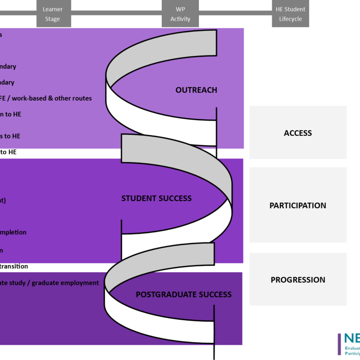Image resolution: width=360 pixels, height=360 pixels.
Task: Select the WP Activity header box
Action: click(x=180, y=13)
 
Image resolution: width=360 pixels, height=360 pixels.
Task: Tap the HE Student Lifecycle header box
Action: click(x=290, y=13)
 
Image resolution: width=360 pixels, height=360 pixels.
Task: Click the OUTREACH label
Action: click(x=196, y=90)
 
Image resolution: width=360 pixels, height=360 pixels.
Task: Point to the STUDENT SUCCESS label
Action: click(x=156, y=198)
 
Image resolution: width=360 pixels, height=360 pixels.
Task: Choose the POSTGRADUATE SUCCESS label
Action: click(x=184, y=295)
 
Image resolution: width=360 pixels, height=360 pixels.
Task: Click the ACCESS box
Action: click(x=298, y=133)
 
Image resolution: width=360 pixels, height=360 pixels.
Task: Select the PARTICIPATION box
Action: click(x=298, y=205)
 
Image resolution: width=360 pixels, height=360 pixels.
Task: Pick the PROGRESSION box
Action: click(x=298, y=279)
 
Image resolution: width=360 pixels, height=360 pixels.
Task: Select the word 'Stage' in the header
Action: click(x=52, y=19)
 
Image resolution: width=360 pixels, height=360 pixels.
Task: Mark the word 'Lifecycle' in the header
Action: click(x=290, y=19)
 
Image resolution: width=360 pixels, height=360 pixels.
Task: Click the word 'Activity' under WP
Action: click(x=180, y=19)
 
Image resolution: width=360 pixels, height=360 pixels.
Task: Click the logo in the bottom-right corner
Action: click(x=348, y=344)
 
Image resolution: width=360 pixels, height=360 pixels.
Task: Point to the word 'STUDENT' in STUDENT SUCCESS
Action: click(x=137, y=198)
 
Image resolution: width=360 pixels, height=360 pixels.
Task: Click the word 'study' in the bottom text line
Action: click(x=21, y=283)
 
